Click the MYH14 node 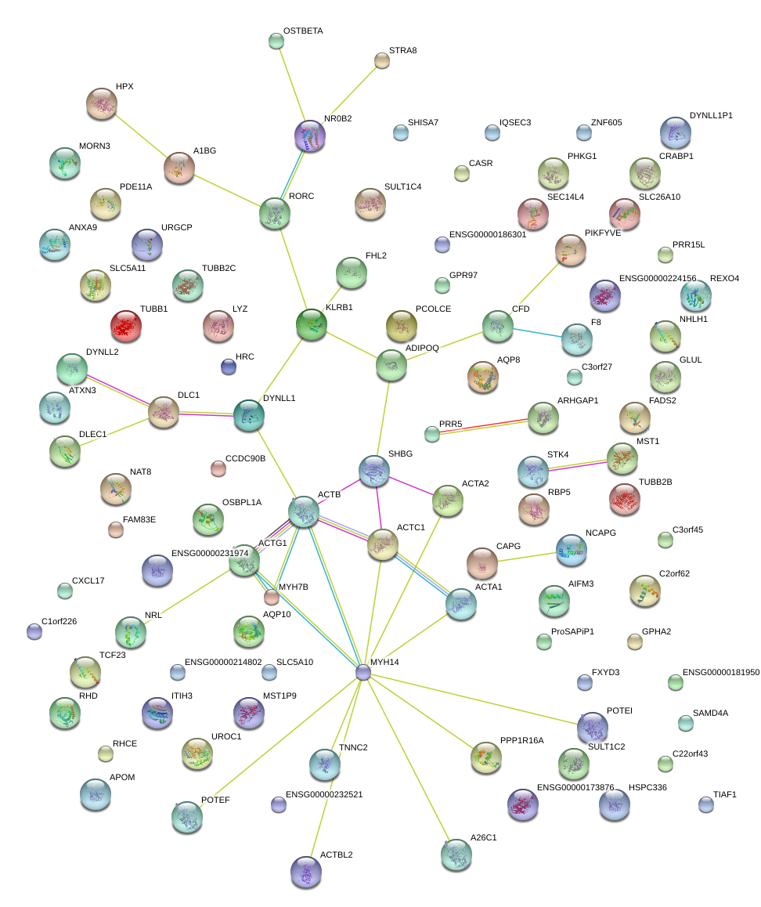[362, 672]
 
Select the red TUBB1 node [125, 326]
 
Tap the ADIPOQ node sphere [391, 364]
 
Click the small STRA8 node [382, 60]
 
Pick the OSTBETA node [276, 41]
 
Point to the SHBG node [374, 470]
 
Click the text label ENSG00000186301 [499, 235]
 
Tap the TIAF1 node [706, 804]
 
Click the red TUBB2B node [625, 498]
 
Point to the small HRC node [228, 366]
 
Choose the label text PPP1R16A [521, 740]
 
